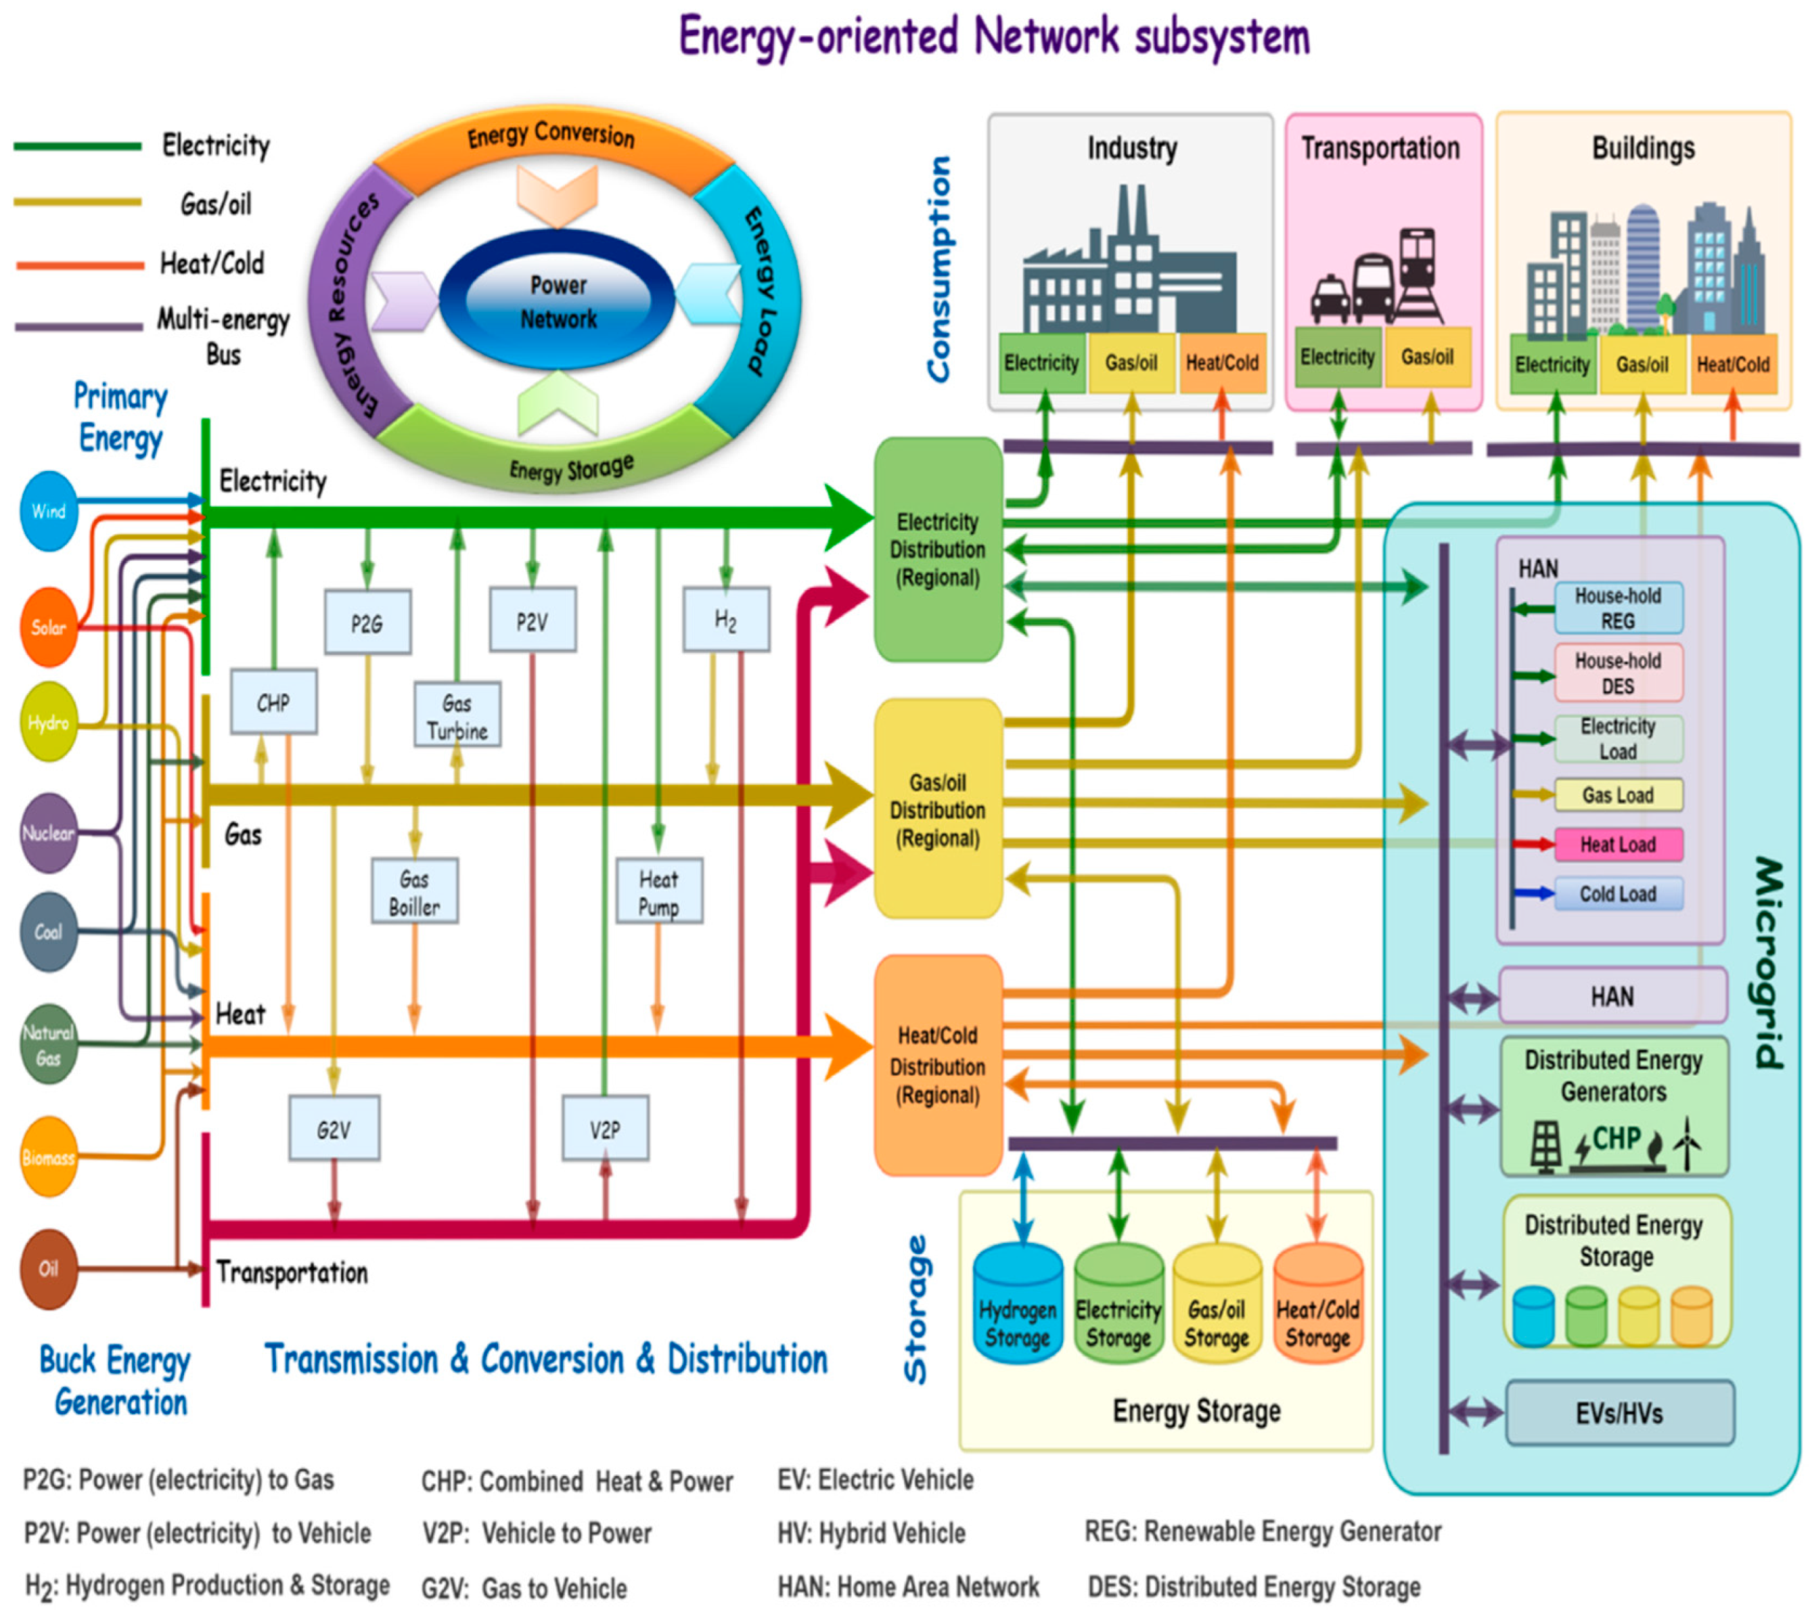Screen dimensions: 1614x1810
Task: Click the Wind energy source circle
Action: point(48,511)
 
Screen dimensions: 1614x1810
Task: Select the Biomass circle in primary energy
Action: point(48,1157)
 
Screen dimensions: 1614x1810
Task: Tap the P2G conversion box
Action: point(367,623)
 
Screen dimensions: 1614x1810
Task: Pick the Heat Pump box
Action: point(658,892)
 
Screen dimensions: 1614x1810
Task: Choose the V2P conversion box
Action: point(605,1129)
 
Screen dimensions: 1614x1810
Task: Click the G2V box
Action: point(334,1129)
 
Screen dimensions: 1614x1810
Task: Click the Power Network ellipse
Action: point(558,302)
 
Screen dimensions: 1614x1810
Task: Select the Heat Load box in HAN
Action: point(1618,845)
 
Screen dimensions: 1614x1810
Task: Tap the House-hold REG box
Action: point(1618,608)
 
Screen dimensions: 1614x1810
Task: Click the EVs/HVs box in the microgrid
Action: point(1619,1414)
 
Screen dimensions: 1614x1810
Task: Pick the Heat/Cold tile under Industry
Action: point(1221,363)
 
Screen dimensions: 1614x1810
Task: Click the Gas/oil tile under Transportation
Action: point(1427,357)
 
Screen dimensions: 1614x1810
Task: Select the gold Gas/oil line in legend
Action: point(78,203)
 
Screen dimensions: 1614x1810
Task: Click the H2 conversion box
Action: point(725,621)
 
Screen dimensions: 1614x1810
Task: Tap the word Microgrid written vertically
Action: point(1767,962)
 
